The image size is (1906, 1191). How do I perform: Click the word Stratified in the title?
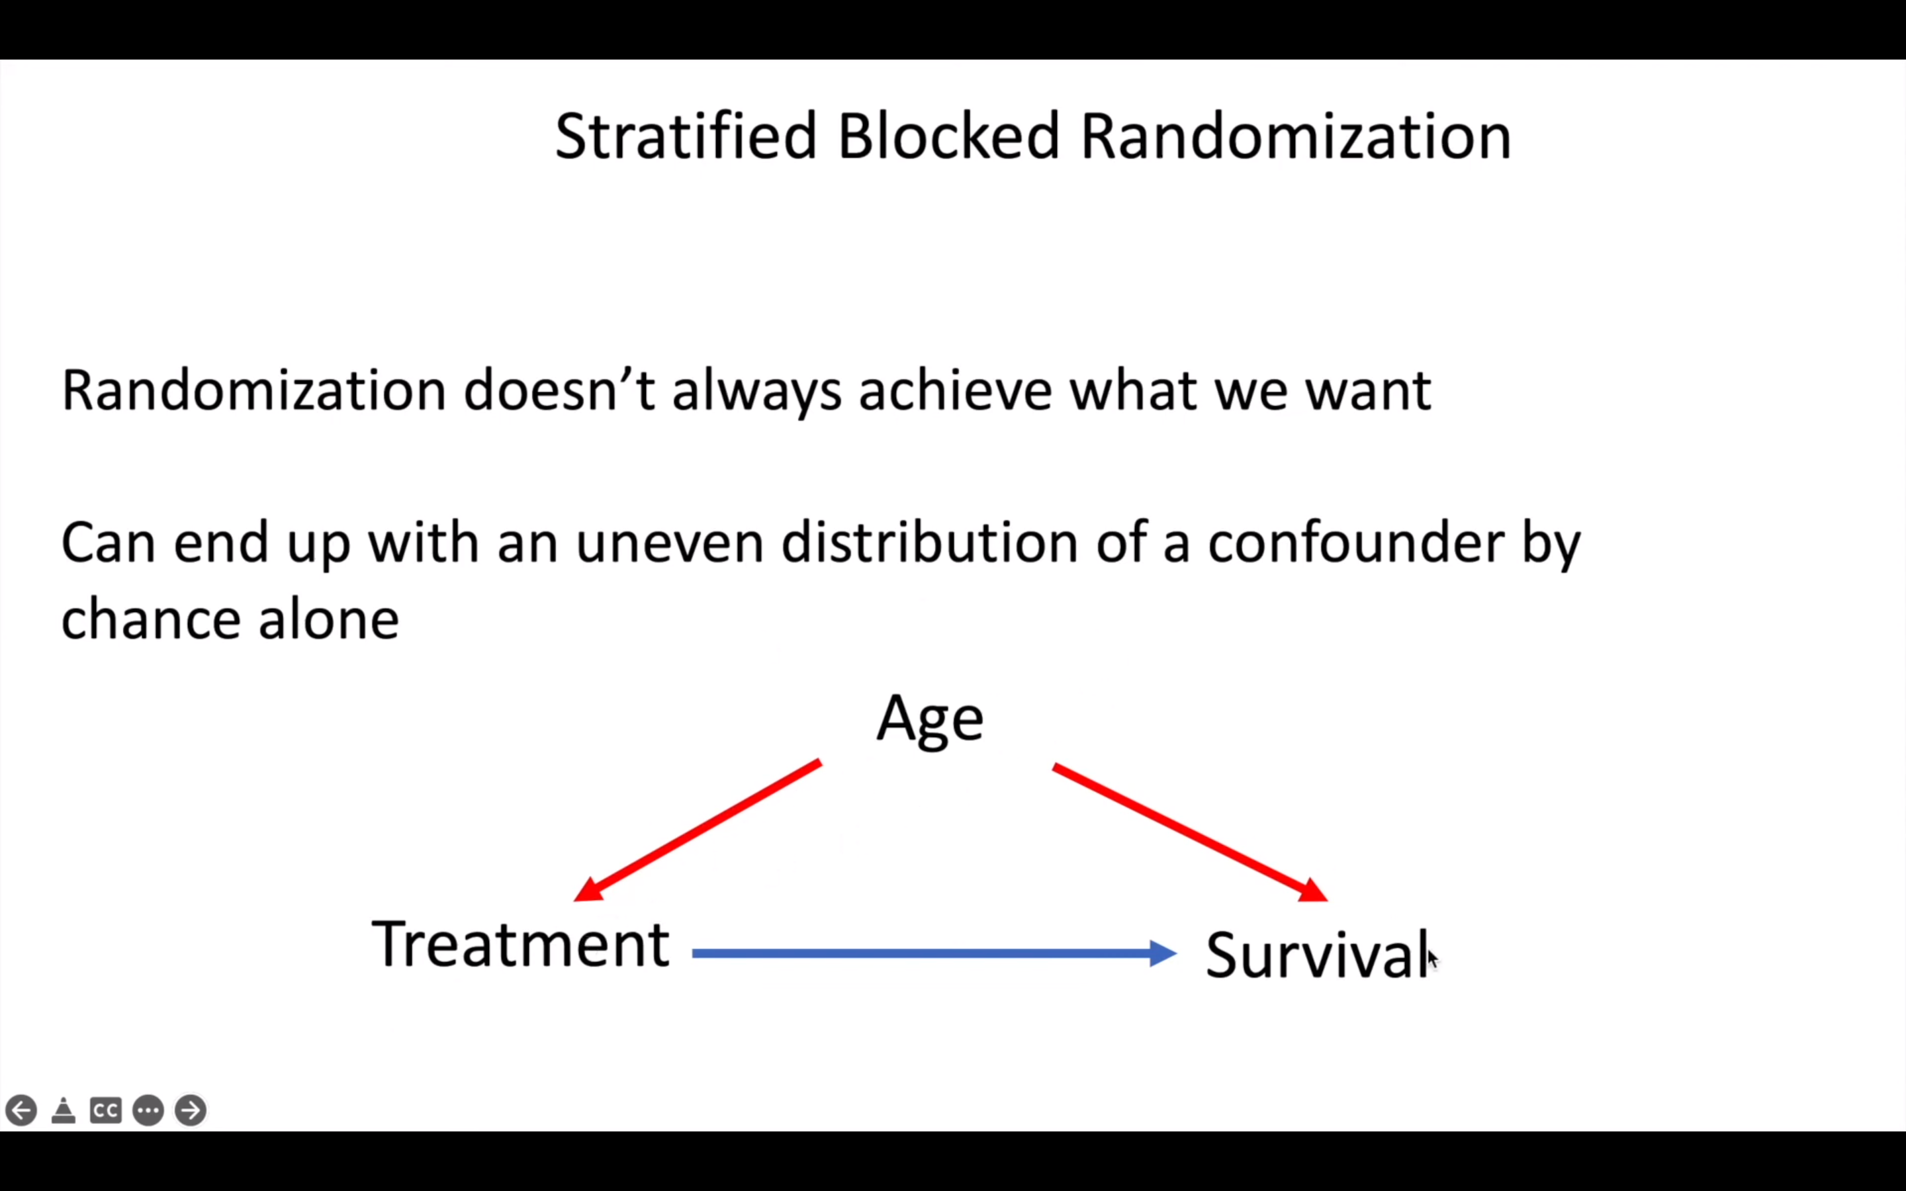(685, 137)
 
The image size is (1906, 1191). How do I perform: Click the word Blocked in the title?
(948, 137)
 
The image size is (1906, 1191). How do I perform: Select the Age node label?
(929, 719)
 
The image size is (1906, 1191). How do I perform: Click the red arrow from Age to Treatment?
(697, 831)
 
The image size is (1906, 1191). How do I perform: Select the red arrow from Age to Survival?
(1189, 832)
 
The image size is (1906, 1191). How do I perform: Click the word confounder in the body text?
(1355, 543)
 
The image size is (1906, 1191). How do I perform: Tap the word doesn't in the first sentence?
(559, 390)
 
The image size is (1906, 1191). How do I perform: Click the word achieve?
(954, 390)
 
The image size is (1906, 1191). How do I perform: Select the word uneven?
(670, 543)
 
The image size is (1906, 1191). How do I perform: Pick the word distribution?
(929, 543)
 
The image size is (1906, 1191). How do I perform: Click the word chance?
(150, 619)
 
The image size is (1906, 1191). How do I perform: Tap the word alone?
(328, 619)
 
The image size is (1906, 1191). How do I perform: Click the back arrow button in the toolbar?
(21, 1111)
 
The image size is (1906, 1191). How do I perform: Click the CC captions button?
(105, 1111)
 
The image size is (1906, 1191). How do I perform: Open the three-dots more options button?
(148, 1111)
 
